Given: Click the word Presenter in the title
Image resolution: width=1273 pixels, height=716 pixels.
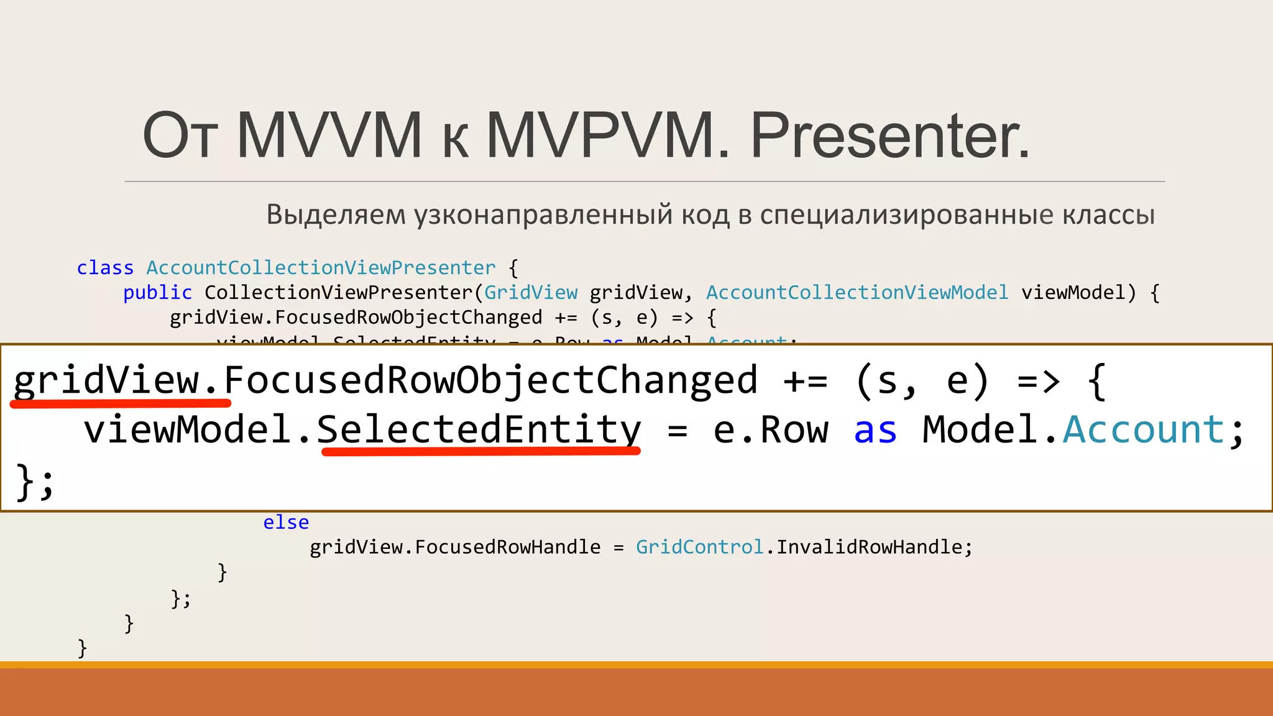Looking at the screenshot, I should point(890,135).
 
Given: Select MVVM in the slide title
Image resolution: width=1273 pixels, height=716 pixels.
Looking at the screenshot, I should point(329,135).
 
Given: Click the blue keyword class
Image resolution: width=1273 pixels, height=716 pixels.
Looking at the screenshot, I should point(105,268).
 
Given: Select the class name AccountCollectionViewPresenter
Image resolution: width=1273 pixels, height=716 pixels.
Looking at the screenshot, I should point(321,268).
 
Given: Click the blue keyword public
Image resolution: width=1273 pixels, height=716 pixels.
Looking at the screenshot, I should point(157,293).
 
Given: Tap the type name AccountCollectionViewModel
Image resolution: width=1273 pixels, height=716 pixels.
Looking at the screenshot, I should point(857,293).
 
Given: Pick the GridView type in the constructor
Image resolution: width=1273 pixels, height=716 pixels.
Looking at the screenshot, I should point(531,293).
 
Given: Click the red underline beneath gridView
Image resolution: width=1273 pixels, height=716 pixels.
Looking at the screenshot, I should point(121,404).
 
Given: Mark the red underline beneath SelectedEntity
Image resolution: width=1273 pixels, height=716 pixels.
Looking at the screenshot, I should point(480,452).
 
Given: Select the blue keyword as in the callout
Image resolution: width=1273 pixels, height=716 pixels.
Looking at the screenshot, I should point(875,430).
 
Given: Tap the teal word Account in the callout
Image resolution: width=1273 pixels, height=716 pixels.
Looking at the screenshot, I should point(1143,430).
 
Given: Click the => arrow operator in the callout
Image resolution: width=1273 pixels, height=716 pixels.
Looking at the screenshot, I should point(1038,381).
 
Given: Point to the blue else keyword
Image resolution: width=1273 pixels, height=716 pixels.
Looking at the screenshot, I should point(286,523).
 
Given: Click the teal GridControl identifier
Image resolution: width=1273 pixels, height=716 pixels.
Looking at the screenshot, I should point(699,547).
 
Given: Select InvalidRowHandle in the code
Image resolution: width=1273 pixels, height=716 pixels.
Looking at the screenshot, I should point(870,547).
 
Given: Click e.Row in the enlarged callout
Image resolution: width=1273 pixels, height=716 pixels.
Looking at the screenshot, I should point(771,430).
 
